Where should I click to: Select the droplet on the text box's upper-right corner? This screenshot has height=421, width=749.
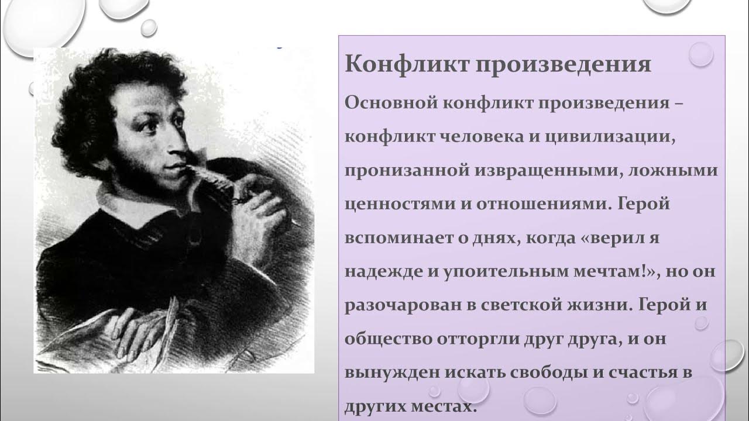click(700, 54)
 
